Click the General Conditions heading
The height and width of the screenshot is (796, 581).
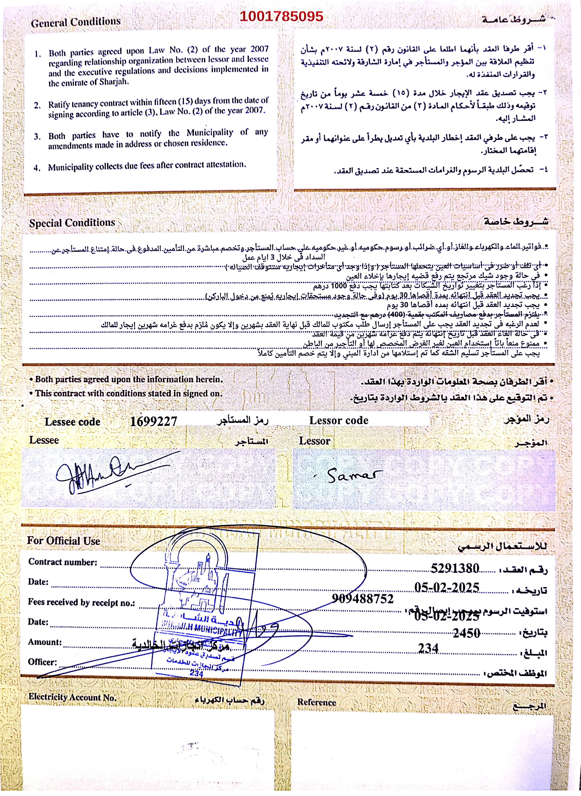coord(76,22)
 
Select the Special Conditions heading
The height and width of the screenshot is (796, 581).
coord(72,223)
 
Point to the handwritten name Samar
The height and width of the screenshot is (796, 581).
coord(353,476)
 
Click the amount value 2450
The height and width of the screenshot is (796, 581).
coord(466,633)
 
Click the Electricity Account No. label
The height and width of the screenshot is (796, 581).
coord(72,697)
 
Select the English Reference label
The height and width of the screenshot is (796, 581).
coord(317,702)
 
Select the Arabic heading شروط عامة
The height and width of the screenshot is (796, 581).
coord(514,19)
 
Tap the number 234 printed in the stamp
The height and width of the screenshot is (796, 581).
coord(196,673)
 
